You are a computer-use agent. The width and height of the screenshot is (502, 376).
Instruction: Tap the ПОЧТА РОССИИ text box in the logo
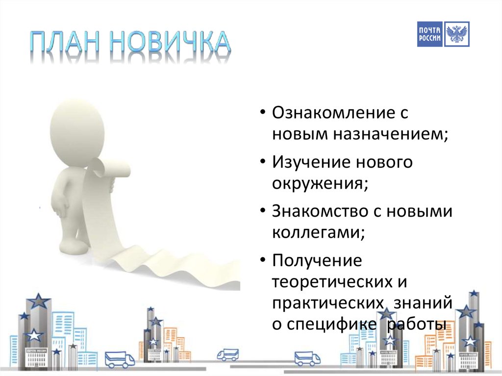430,34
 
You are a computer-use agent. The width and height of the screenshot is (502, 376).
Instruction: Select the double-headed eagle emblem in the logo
457,34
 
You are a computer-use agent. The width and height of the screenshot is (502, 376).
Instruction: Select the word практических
328,302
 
